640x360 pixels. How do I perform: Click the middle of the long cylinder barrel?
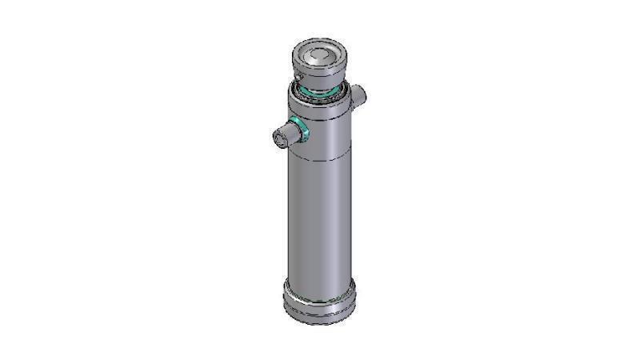[320, 224]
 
